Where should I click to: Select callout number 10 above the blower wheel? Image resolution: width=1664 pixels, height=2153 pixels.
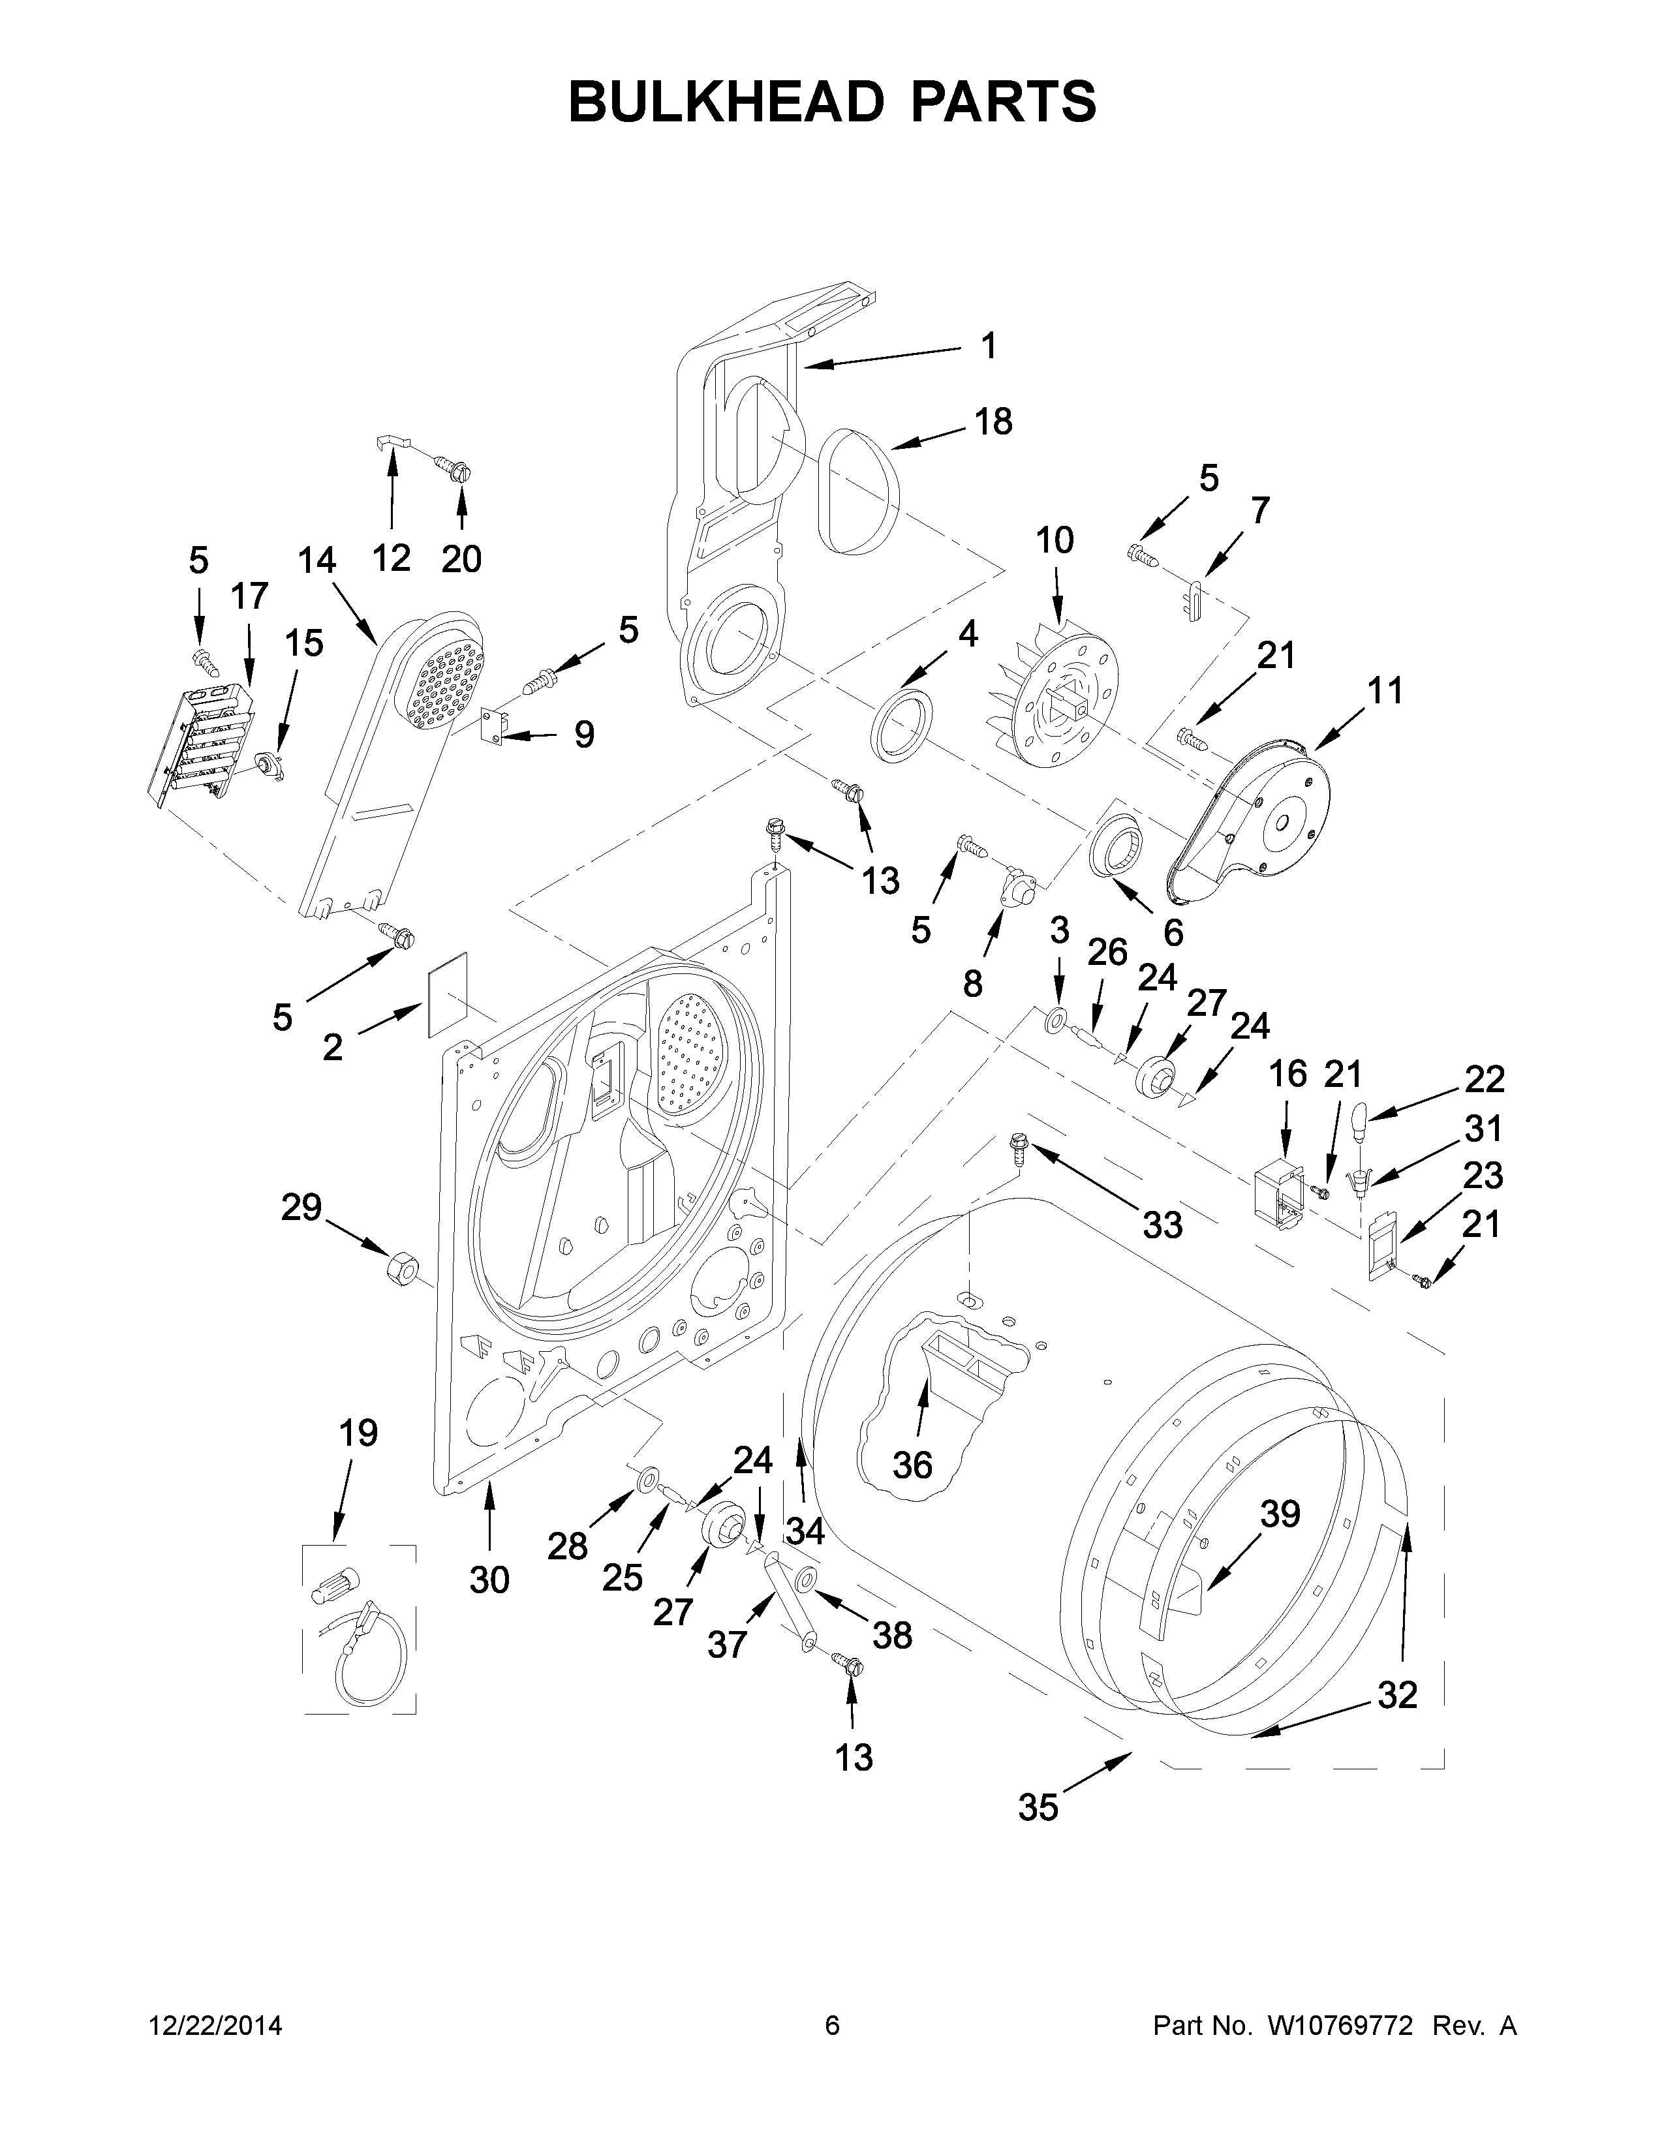(1054, 540)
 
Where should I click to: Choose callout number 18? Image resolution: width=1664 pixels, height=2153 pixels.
(994, 422)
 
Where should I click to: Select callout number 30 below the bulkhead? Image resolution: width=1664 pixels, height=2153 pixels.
(489, 1580)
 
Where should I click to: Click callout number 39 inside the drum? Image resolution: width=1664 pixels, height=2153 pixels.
(1280, 1513)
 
